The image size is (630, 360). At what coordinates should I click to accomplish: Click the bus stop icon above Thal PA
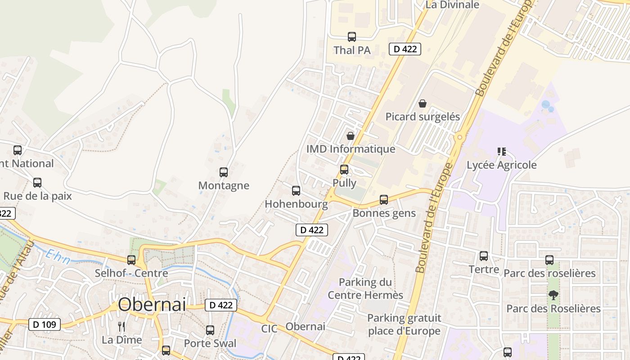352,37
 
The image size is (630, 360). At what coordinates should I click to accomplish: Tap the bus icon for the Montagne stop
224,172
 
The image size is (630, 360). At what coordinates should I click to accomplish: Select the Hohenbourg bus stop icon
296,191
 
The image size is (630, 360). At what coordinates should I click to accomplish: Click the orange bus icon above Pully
344,170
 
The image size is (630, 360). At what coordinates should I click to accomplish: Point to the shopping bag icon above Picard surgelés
423,103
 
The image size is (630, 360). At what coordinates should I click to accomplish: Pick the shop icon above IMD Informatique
351,135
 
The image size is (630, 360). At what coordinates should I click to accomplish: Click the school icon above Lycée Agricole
502,152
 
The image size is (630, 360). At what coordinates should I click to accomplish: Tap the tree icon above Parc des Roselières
553,295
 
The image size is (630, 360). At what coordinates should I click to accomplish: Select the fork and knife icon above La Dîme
121,326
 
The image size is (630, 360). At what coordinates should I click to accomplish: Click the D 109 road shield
45,324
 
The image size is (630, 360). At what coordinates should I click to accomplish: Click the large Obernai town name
152,305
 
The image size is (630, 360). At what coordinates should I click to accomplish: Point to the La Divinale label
453,5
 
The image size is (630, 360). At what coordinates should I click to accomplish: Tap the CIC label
270,328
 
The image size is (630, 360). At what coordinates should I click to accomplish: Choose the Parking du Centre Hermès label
365,288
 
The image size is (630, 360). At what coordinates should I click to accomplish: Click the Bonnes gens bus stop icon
384,199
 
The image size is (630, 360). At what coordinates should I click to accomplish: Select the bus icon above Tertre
484,256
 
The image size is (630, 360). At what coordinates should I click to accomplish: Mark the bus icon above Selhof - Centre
131,260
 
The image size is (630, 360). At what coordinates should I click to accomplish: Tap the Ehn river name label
58,257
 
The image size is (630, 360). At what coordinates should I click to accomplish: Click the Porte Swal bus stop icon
210,330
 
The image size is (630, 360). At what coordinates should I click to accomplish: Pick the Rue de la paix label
38,196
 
